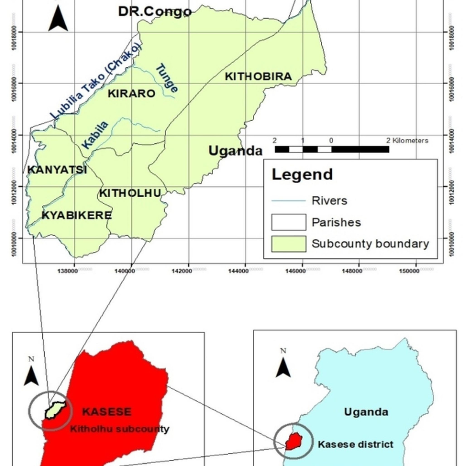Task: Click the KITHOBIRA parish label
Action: click(x=258, y=76)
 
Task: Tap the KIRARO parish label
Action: click(x=131, y=94)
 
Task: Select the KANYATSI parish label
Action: click(x=57, y=170)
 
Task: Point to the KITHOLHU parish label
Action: click(x=130, y=193)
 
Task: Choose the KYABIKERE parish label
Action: click(x=77, y=215)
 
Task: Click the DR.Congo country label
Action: click(x=155, y=12)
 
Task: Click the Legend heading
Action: click(x=302, y=174)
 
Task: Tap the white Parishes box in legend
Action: click(x=289, y=222)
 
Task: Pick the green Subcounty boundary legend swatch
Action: click(x=289, y=244)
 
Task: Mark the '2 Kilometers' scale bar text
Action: click(x=407, y=141)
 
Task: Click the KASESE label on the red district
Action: click(x=107, y=412)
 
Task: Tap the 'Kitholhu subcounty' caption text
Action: click(x=120, y=429)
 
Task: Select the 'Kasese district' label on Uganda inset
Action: click(x=355, y=444)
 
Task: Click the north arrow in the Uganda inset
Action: click(x=283, y=365)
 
